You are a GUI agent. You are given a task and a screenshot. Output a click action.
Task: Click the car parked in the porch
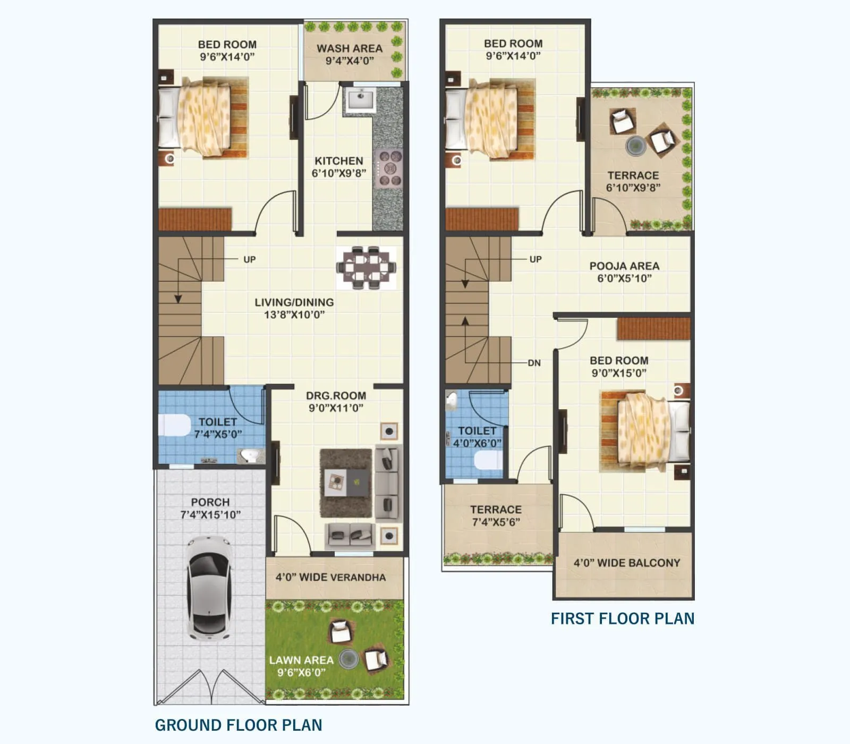click(209, 587)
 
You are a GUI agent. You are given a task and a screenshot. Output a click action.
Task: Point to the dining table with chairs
click(366, 267)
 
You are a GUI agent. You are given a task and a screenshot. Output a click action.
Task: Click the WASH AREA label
click(350, 48)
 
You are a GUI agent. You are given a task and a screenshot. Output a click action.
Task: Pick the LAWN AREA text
click(301, 660)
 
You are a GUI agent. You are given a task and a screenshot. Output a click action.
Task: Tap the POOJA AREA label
click(624, 266)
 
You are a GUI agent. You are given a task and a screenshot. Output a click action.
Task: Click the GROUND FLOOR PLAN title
click(239, 725)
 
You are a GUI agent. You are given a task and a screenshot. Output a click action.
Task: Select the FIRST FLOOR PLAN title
click(623, 619)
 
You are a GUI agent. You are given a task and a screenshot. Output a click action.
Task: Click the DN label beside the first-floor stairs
click(534, 363)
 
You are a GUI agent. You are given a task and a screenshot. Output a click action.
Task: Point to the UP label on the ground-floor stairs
click(250, 259)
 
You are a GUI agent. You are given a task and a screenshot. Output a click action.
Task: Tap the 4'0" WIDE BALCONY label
click(627, 563)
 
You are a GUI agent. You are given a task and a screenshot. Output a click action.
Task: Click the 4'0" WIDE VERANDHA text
click(330, 577)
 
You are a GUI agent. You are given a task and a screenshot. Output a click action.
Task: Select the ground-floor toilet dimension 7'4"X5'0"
click(218, 434)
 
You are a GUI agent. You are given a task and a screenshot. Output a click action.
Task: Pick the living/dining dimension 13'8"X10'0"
click(294, 315)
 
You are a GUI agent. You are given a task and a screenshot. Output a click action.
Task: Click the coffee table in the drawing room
click(346, 483)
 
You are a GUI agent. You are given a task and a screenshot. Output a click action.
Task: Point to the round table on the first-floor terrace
click(635, 145)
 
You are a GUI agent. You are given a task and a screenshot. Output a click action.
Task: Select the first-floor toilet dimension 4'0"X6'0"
click(477, 443)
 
